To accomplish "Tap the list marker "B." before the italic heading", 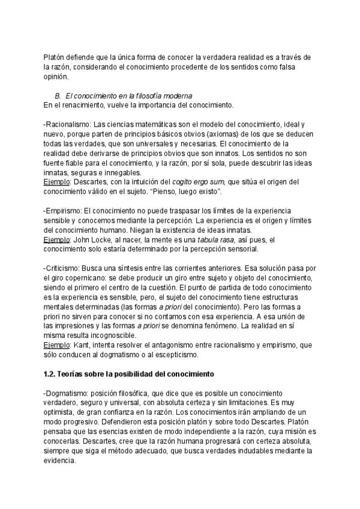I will coord(58,96).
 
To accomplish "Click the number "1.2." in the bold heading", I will coord(50,373).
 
